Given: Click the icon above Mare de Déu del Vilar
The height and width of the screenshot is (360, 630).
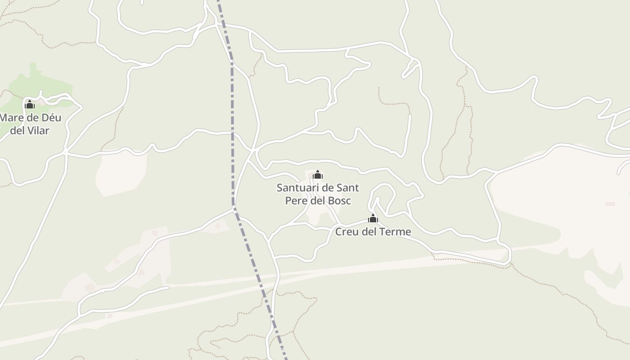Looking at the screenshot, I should (x=30, y=105).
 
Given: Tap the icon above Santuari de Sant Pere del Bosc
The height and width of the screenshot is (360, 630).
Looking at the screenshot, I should (x=318, y=175).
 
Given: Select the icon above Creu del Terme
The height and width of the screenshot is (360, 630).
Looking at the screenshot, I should (x=373, y=219).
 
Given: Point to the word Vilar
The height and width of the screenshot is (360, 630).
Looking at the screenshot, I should (x=39, y=131).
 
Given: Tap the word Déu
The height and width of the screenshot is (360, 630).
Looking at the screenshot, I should (x=51, y=118).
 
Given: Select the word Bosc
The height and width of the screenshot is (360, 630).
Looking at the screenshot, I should (x=339, y=200).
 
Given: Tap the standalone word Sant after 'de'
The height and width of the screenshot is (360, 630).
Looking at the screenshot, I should (x=347, y=187).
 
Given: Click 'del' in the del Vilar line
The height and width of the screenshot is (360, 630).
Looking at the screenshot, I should (x=18, y=131).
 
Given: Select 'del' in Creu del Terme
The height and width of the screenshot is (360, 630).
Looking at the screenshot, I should (x=370, y=232).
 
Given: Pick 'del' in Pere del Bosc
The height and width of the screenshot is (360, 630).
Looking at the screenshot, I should (x=318, y=200).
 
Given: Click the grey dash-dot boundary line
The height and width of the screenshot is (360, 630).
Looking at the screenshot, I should (x=233, y=135).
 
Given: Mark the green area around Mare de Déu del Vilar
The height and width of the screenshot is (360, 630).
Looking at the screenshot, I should (x=49, y=85).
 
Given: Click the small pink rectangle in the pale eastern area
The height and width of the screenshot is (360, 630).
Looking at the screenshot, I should (x=610, y=204).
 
